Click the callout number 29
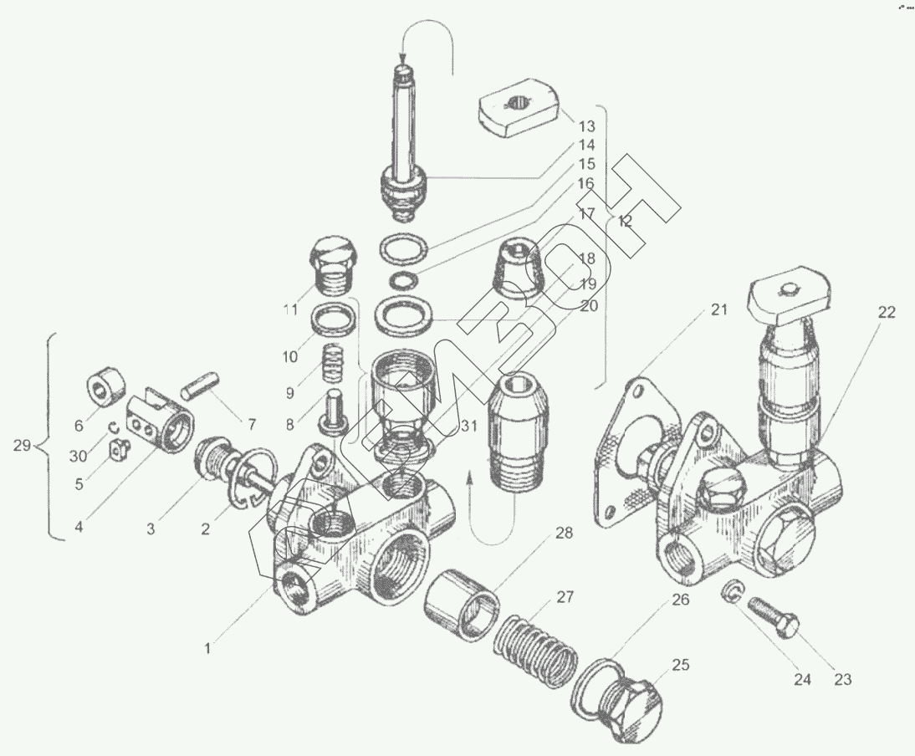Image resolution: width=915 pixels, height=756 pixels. (23, 446)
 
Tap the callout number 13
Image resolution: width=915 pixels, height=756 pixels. (585, 127)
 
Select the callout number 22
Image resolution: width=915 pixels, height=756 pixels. (886, 313)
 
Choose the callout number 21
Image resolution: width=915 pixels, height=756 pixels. (719, 310)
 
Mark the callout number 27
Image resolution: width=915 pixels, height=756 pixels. (565, 597)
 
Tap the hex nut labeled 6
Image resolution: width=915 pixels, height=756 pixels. (106, 390)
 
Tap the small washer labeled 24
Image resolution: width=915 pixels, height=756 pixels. (730, 591)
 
